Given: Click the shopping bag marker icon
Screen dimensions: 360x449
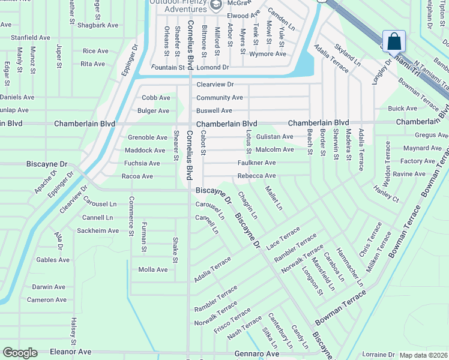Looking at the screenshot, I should click(x=394, y=41).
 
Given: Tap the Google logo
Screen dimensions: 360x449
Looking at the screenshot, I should click(x=20, y=353).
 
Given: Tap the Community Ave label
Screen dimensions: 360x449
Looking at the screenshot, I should click(x=219, y=98).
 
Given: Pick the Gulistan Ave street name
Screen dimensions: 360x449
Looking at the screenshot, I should click(x=274, y=137).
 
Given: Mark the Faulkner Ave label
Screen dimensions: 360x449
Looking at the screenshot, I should click(x=256, y=163).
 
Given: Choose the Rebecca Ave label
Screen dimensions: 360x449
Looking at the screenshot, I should click(x=256, y=176).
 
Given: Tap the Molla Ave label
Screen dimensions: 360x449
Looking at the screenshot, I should click(x=153, y=269).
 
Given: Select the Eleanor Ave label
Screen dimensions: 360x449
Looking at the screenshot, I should click(x=70, y=352).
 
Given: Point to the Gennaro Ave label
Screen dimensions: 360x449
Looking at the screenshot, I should click(x=241, y=354).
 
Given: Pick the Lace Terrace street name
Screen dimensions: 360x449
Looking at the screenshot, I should click(x=283, y=238).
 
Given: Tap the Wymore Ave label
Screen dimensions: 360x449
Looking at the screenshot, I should click(x=267, y=54).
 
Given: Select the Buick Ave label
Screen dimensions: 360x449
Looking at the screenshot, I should click(x=402, y=109).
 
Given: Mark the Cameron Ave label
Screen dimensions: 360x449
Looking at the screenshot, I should click(x=46, y=299).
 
